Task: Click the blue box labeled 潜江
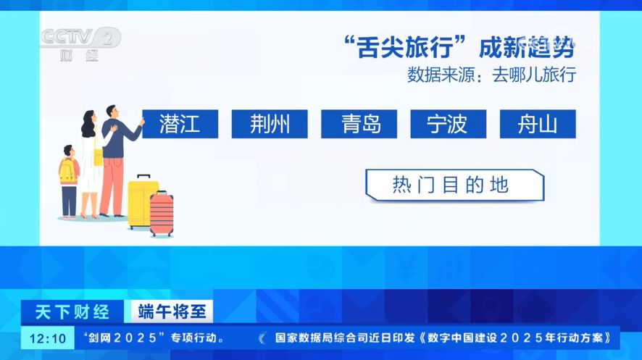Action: (180, 124)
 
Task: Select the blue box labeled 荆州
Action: (270, 124)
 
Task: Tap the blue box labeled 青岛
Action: (359, 124)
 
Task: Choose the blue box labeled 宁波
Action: (449, 124)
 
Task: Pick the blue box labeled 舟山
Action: (538, 124)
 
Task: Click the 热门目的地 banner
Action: (455, 185)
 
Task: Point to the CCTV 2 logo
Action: (80, 44)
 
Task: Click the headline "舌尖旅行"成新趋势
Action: (459, 47)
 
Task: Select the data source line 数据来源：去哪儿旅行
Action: (491, 75)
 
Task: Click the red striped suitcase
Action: (162, 214)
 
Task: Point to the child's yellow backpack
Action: (67, 171)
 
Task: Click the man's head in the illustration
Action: (112, 112)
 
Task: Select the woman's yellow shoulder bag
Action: (98, 157)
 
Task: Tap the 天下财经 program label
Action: (72, 312)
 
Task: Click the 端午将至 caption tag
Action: (172, 311)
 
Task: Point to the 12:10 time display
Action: (48, 338)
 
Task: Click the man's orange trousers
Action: (112, 186)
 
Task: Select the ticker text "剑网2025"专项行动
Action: (153, 338)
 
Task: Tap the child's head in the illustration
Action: (69, 151)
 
